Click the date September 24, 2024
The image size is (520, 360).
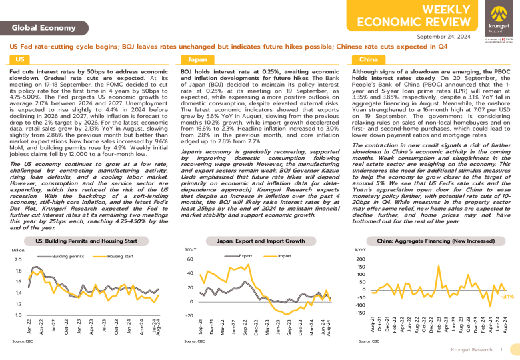coord(443,37)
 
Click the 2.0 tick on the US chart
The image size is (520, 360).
coord(18,259)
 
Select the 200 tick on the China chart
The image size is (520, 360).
coord(361,259)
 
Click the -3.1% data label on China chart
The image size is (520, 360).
coord(507,296)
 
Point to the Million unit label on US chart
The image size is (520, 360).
coord(18,250)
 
